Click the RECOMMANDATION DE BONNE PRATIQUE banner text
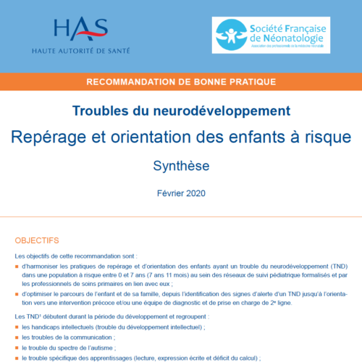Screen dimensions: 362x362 pos(180,82)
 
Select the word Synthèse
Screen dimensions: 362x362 pos(181,165)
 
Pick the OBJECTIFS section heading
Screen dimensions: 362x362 pos(37,240)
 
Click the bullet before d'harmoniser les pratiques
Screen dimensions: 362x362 pos(17,266)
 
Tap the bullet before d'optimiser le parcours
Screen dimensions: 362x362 pos(17,294)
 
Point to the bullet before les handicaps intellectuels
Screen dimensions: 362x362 pos(17,327)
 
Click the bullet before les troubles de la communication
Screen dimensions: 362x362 pos(17,337)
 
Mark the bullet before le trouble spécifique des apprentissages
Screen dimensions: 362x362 pos(17,358)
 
